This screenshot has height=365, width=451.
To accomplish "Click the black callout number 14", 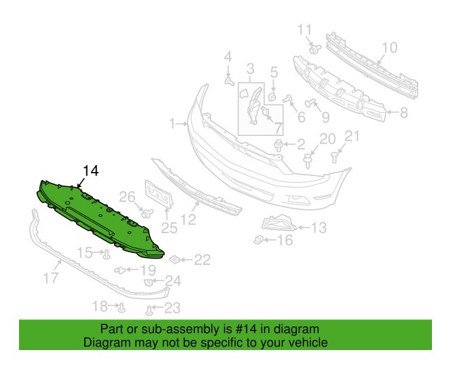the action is pos(90,171).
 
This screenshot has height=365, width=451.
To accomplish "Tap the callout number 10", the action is pos(389,48).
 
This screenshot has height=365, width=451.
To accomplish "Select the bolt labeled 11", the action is pos(314,49).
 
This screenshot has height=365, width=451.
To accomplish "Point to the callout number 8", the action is pos(404,113).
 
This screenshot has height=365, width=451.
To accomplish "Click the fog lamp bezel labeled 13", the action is pos(278,223).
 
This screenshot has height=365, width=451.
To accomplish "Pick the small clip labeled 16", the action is pos(259,240).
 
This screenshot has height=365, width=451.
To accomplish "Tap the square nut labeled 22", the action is pos(175,260).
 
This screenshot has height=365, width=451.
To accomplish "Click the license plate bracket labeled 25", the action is pos(159,194).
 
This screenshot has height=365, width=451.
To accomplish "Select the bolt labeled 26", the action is pos(147,213).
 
